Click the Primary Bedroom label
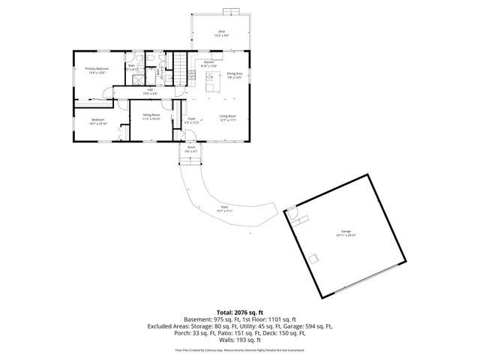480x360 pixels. click(x=97, y=70)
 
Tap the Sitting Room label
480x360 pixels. click(x=151, y=116)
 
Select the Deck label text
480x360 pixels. click(x=221, y=32)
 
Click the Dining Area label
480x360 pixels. click(x=234, y=75)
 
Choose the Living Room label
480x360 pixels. click(x=228, y=117)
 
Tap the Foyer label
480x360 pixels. click(x=192, y=119)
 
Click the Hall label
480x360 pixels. click(x=150, y=91)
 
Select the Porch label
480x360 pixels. click(x=190, y=149)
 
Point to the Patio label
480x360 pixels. click(x=223, y=209)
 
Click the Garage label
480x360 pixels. click(x=346, y=233)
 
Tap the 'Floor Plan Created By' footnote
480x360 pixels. click(x=240, y=350)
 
